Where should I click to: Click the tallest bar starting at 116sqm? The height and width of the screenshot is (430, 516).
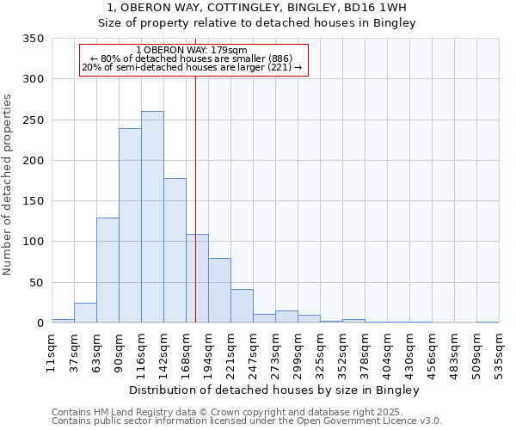pos(152,217)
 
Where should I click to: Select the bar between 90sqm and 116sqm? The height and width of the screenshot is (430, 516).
pos(130,225)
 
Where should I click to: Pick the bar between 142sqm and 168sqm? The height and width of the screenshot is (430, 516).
pos(175,250)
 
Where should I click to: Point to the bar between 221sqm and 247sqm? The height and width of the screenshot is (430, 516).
pos(242,305)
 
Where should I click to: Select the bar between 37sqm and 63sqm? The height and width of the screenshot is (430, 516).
pos(85,313)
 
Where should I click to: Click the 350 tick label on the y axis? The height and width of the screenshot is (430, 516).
pos(34,39)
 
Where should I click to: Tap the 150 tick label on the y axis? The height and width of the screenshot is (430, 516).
pos(34,201)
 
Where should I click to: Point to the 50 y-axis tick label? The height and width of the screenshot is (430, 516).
pos(37,283)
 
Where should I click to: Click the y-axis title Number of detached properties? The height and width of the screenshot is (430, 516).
pos(8,185)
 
